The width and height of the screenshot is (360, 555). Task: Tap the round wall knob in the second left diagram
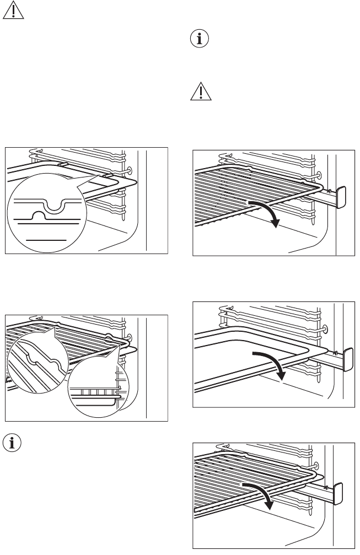pos(130,337)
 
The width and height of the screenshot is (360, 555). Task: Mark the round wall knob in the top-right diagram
pos(318,175)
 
